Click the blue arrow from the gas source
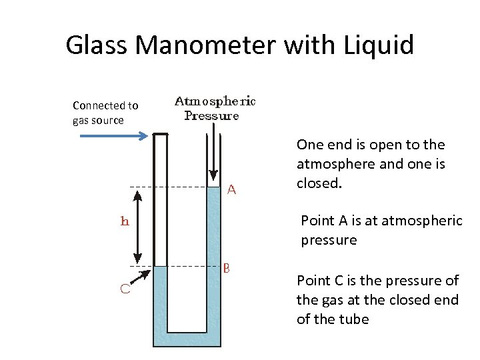click(113, 136)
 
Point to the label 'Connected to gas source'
click(105, 113)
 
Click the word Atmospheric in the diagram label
click(215, 101)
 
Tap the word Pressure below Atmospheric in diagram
click(211, 115)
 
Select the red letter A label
click(232, 190)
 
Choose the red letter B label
click(227, 269)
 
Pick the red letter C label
click(125, 289)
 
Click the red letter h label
click(125, 221)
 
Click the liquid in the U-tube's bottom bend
click(187, 339)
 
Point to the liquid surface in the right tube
click(214, 187)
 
